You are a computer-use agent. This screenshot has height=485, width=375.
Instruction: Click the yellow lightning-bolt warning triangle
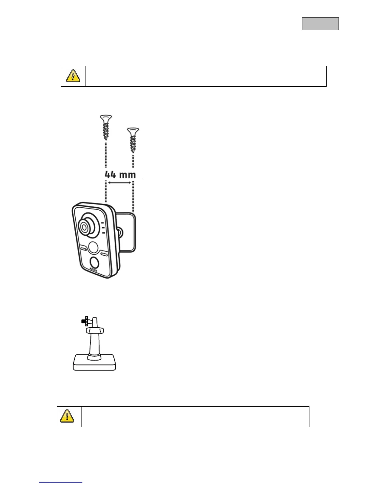pos(73,76)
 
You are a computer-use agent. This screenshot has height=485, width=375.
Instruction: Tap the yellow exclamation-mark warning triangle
pos(67,416)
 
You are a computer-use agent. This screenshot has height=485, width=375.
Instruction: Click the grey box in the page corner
pos(320,24)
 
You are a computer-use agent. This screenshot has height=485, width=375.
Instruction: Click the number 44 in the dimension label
pos(111,175)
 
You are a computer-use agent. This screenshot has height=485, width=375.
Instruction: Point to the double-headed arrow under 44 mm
pos(120,183)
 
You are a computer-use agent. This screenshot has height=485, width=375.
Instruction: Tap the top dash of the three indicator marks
pos(103,223)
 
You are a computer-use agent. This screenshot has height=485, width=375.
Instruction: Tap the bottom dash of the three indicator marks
pos(103,233)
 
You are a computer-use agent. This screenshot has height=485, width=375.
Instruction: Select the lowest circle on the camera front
pos(95,262)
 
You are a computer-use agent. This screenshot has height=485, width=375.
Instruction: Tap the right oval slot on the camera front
pos(104,254)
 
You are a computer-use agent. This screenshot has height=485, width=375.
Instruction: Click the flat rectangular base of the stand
pos(94,365)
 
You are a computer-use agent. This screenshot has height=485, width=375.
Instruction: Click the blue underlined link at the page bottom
pos(61,483)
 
